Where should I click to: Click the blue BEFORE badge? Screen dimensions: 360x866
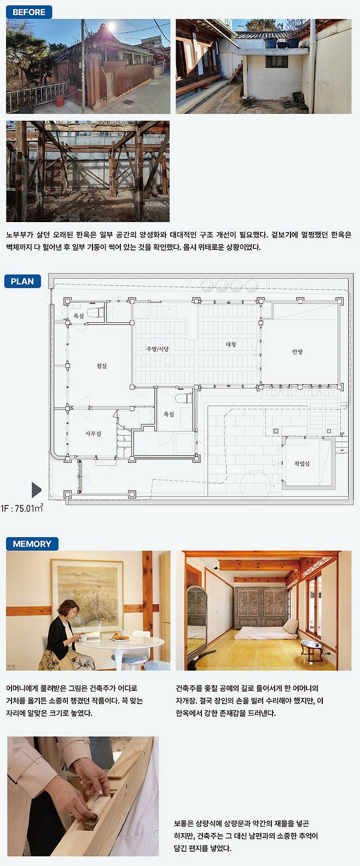[29, 12]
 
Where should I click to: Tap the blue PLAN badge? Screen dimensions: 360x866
[22, 281]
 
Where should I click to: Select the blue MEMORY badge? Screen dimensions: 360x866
[32, 544]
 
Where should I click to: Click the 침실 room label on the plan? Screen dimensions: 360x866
[102, 366]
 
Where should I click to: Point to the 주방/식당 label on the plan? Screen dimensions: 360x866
[158, 348]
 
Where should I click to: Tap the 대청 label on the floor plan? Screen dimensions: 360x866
[231, 344]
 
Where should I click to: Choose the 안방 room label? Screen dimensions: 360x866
[298, 351]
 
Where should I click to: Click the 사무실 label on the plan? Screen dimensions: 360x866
[93, 434]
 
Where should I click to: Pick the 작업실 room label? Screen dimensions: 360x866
[302, 463]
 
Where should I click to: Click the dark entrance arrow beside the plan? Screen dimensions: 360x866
[36, 490]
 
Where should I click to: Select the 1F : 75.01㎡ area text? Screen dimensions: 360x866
[22, 508]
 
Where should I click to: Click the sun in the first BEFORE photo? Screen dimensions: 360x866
[112, 27]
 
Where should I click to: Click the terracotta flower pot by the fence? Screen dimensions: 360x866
[59, 101]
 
